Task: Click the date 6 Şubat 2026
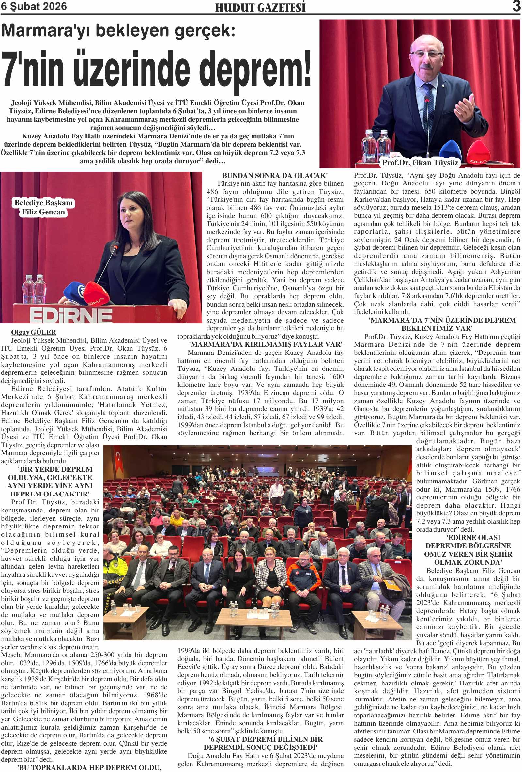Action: pos(34,6)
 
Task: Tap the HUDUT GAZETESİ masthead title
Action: pos(260,7)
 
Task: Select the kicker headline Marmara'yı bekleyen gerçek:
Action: pos(118,31)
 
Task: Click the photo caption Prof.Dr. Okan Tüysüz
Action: pos(420,163)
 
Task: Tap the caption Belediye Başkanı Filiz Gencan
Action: pos(43,207)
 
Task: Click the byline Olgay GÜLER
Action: pos(34,332)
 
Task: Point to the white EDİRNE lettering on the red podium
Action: pos(71,315)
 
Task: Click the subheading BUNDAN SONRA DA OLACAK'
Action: pos(275,175)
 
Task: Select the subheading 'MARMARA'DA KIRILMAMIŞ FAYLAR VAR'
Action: pos(265,344)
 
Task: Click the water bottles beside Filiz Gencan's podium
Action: pos(34,288)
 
